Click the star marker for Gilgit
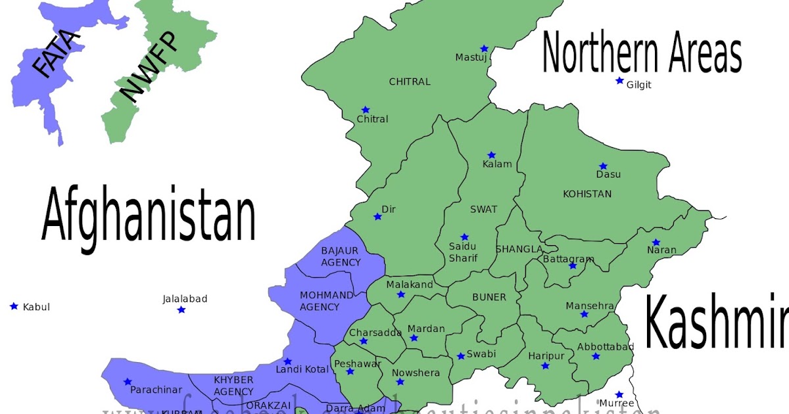pyautogui.click(x=619, y=81)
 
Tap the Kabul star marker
pyautogui.click(x=14, y=306)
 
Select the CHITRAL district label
pyautogui.click(x=410, y=82)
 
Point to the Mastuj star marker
pyautogui.click(x=484, y=49)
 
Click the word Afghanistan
pyautogui.click(x=149, y=215)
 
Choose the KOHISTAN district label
pyautogui.click(x=587, y=194)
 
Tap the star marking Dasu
pyautogui.click(x=603, y=166)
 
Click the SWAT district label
pyautogui.click(x=483, y=210)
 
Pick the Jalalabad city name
pyautogui.click(x=185, y=299)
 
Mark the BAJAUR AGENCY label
pyautogui.click(x=341, y=256)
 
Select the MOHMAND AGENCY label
pyautogui.click(x=320, y=301)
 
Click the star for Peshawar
pyautogui.click(x=350, y=372)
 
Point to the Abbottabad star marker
pyautogui.click(x=596, y=356)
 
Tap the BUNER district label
pyautogui.click(x=489, y=297)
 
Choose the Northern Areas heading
pyautogui.click(x=642, y=55)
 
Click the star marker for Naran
pyautogui.click(x=656, y=242)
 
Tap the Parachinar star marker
pyautogui.click(x=128, y=382)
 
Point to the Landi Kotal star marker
pyautogui.click(x=287, y=361)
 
